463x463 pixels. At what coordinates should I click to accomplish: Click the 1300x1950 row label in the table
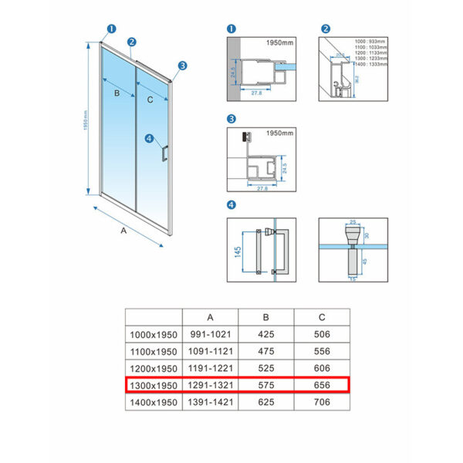point(154,384)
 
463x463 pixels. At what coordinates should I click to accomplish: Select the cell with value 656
point(321,384)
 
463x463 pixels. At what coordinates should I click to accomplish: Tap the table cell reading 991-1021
point(210,334)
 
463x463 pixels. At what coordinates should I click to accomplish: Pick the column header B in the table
point(266,316)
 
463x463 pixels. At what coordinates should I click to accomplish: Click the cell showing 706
point(321,401)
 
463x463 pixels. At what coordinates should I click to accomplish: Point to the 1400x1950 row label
point(154,401)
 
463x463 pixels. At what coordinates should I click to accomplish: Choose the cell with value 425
point(266,334)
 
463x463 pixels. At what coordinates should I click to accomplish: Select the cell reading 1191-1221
point(210,367)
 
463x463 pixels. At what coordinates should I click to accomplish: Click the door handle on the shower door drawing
point(164,150)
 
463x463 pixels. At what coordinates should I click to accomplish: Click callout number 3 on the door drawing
point(183,66)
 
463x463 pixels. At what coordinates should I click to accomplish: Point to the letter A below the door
point(124,230)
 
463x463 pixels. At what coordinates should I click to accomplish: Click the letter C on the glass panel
point(150,100)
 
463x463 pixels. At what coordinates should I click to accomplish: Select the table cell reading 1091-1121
point(210,351)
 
